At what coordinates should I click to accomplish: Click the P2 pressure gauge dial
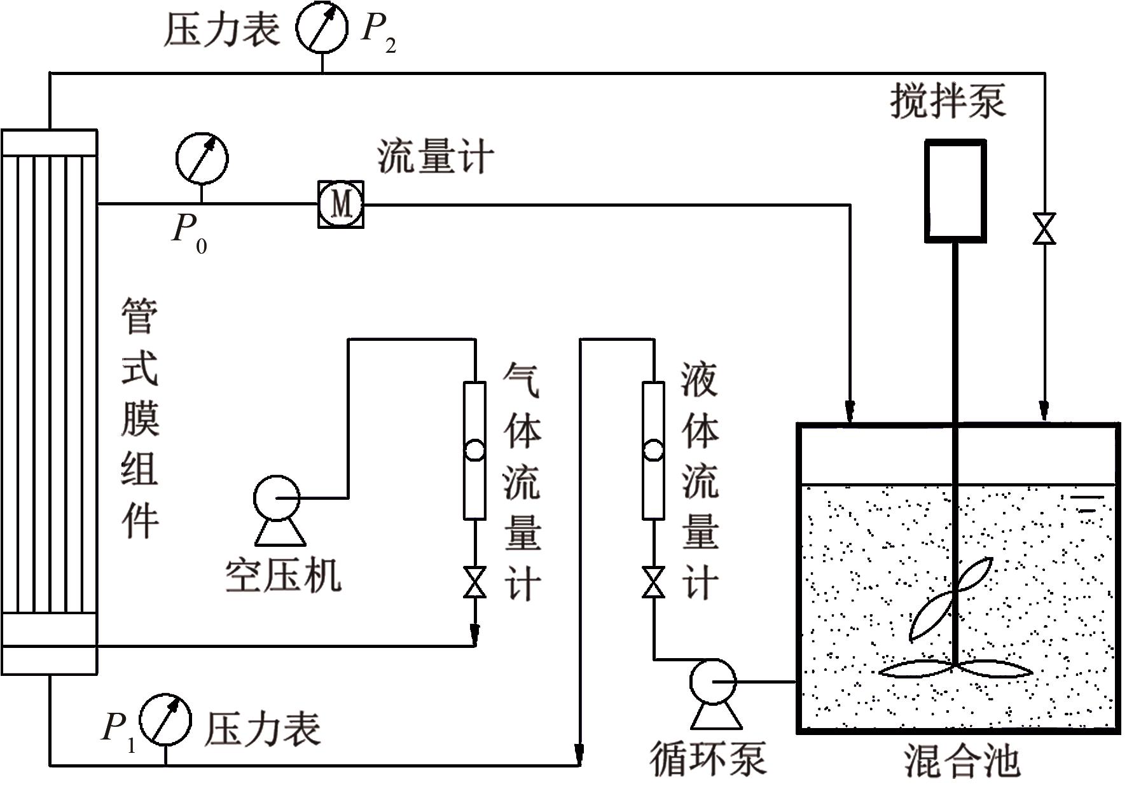point(322,29)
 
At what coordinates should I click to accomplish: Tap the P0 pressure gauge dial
point(202,158)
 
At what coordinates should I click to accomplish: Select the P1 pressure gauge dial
point(165,719)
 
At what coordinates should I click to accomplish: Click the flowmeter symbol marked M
point(342,205)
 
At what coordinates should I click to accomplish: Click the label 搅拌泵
point(948,101)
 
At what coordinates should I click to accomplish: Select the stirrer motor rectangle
point(955,191)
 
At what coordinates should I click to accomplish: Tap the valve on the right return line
point(1044,229)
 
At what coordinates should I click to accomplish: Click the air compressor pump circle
point(277,498)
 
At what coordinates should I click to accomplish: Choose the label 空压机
point(284,575)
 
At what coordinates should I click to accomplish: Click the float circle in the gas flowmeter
point(474,450)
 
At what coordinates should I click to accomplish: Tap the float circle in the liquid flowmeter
point(653,450)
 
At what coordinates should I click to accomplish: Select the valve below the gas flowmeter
point(474,582)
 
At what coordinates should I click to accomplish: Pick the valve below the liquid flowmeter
point(653,582)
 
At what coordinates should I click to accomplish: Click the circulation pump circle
point(713,682)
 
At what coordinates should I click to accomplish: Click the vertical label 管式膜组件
point(140,420)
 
